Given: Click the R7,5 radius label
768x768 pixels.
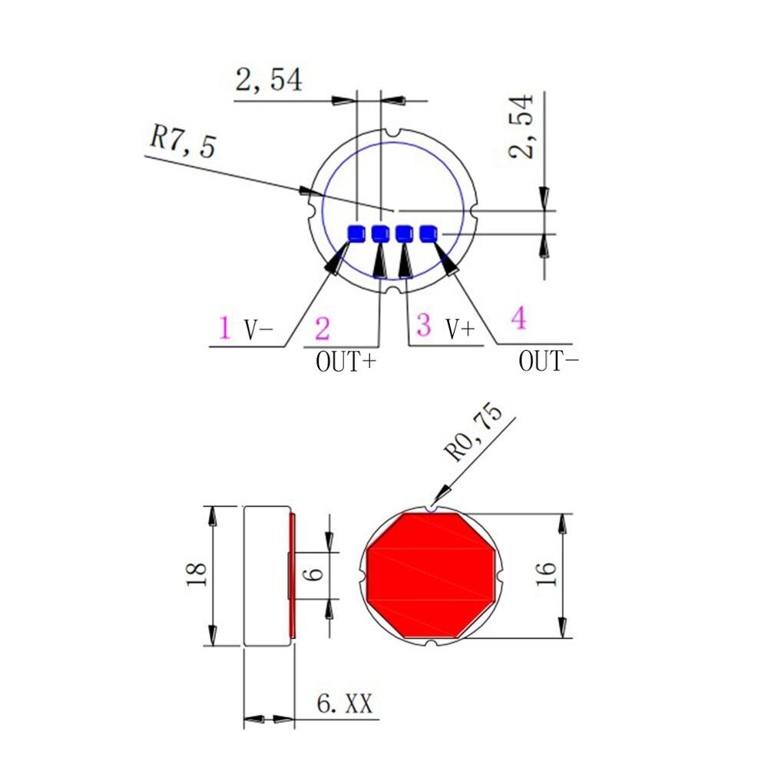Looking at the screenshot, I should (x=184, y=142).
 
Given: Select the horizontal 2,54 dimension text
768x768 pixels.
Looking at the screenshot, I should (x=268, y=80).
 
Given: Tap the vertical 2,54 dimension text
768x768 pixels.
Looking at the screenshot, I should (x=521, y=126).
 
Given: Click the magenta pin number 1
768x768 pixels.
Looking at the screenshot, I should (x=223, y=328).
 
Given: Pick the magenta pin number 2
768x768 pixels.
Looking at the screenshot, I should (x=323, y=329).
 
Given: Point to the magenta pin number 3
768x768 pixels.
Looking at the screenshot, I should (x=423, y=325).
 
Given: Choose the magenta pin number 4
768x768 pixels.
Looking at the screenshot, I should (x=519, y=318).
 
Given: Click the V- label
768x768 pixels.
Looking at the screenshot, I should (x=259, y=329).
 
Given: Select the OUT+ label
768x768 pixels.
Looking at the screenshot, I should (x=346, y=361).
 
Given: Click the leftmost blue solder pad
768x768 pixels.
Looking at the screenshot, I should (x=357, y=233).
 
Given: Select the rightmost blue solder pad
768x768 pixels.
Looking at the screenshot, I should (x=428, y=233).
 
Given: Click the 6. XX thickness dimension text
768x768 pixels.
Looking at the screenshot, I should (x=345, y=703).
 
